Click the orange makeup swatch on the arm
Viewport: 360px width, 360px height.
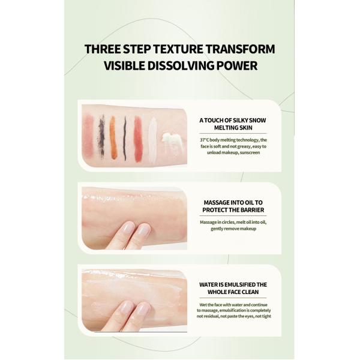point(113,137)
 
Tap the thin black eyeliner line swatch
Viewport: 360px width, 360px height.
point(125,138)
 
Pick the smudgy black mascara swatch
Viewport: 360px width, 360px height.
point(101,136)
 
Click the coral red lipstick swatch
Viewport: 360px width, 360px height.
point(138,139)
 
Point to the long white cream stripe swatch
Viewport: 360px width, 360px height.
point(152,140)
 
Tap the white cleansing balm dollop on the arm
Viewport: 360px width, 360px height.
point(173,143)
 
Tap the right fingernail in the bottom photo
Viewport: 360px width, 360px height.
point(143,308)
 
